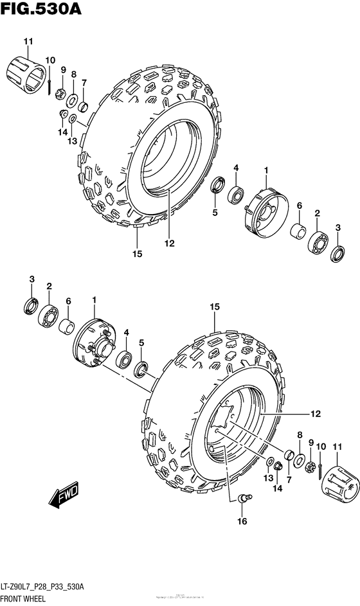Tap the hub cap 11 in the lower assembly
click(x=337, y=483)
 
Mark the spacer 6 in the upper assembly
click(x=298, y=231)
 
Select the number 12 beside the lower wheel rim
click(x=315, y=414)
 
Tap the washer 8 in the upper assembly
click(x=73, y=100)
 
